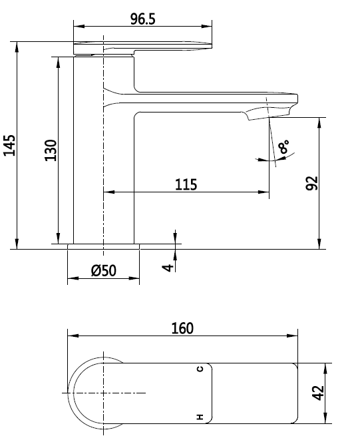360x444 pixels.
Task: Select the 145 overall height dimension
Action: click(9, 144)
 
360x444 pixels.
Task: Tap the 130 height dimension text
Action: click(51, 150)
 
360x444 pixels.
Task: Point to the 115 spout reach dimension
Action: click(186, 184)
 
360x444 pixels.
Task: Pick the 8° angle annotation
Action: click(285, 146)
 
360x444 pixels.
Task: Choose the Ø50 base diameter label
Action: click(103, 270)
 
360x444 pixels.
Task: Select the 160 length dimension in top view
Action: click(182, 328)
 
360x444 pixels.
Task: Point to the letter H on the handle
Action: click(199, 417)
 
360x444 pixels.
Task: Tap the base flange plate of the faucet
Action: click(104, 246)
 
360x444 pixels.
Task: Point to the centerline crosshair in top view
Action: click(104, 393)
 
